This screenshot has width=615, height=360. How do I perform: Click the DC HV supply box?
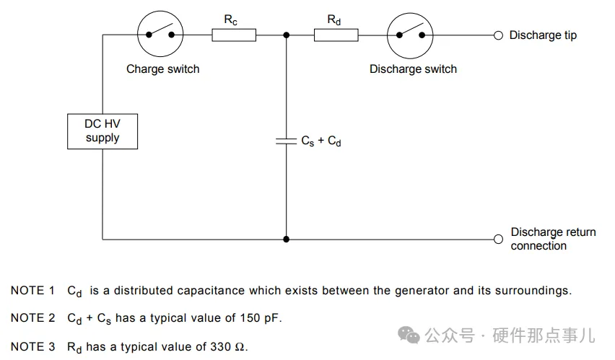(x=102, y=131)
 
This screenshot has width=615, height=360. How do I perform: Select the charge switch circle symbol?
(x=160, y=34)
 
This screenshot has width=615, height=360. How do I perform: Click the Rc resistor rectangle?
(x=234, y=34)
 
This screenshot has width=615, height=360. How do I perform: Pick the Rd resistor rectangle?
(x=336, y=34)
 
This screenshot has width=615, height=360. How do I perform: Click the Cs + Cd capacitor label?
(x=321, y=141)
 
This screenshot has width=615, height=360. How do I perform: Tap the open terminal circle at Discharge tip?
(x=497, y=35)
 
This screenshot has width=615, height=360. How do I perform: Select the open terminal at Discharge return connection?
(x=497, y=239)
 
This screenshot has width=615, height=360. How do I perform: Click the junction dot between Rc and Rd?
(x=287, y=34)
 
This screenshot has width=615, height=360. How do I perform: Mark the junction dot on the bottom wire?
(x=287, y=239)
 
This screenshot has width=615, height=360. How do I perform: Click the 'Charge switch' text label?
(x=162, y=69)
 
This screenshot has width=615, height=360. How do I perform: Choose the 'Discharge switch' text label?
(x=413, y=69)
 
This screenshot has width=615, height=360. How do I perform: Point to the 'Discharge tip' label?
(x=543, y=35)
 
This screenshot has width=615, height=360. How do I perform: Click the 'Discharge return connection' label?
(x=553, y=239)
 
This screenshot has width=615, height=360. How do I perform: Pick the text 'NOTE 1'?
(x=32, y=291)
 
